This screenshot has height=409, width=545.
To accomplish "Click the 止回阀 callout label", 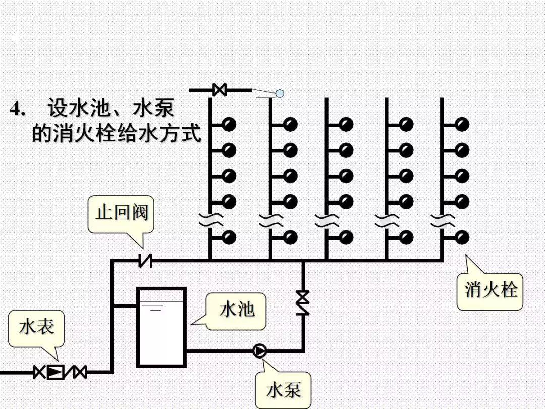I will pyautogui.click(x=121, y=213).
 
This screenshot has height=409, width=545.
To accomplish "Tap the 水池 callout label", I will pyautogui.click(x=236, y=310).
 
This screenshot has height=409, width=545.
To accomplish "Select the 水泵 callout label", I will pyautogui.click(x=283, y=389).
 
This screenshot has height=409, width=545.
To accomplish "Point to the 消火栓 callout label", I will pyautogui.click(x=490, y=291).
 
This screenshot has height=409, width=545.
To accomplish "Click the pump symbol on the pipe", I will pyautogui.click(x=260, y=350).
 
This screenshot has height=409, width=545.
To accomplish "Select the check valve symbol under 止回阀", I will pyautogui.click(x=145, y=261).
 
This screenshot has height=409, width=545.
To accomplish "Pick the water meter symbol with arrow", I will pyautogui.click(x=56, y=372).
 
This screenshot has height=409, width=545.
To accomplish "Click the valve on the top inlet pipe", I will pyautogui.click(x=220, y=90).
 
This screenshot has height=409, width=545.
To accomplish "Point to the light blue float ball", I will pyautogui.click(x=280, y=93).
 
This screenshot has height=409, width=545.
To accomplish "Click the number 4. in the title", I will pyautogui.click(x=18, y=109).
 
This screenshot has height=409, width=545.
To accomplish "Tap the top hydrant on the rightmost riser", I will pyautogui.click(x=461, y=124).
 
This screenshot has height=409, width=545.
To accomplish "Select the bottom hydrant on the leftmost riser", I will pyautogui.click(x=229, y=237).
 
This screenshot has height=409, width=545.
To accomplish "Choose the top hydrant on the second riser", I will pyautogui.click(x=290, y=124).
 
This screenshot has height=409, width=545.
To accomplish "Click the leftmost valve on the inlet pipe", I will pyautogui.click(x=39, y=372).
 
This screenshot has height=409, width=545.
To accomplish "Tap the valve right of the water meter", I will pyautogui.click(x=79, y=372).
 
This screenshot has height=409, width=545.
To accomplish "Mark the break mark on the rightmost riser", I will pyautogui.click(x=442, y=220).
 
